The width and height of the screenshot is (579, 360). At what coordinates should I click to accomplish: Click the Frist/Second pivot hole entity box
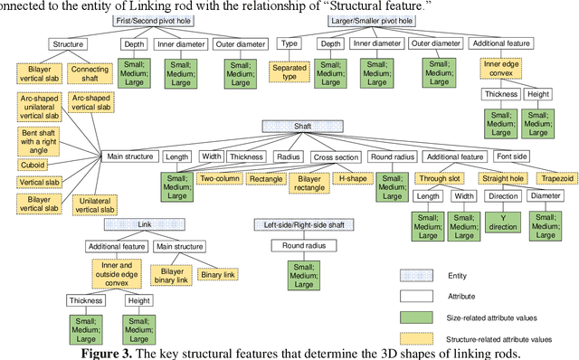tap(152, 20)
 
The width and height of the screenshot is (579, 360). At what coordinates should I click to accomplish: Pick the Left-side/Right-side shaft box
tap(303, 223)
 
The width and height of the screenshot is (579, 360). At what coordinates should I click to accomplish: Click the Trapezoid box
tap(555, 177)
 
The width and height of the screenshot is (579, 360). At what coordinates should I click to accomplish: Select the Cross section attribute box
tap(335, 156)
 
